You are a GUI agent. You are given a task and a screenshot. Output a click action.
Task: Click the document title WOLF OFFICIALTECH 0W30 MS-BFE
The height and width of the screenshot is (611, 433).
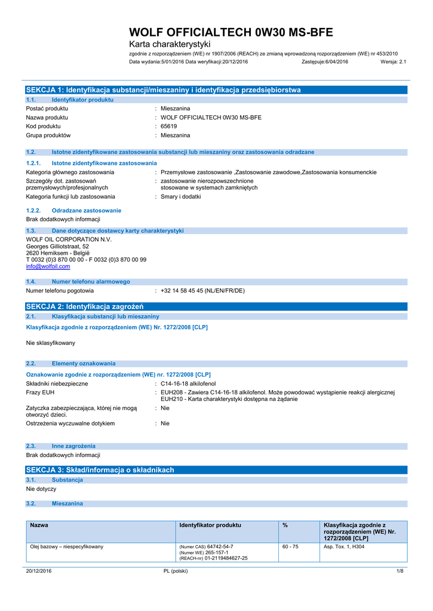pyautogui.click(x=231, y=32)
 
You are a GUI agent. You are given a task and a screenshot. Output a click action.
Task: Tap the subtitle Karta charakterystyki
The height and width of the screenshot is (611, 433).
pyautogui.click(x=170, y=45)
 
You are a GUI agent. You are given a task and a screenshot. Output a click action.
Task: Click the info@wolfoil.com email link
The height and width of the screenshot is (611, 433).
pyautogui.click(x=48, y=267)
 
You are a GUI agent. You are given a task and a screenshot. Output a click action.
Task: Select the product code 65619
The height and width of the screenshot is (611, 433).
pyautogui.click(x=169, y=126)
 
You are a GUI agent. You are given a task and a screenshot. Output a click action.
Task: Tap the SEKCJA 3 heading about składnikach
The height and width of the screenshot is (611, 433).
pyautogui.click(x=100, y=470)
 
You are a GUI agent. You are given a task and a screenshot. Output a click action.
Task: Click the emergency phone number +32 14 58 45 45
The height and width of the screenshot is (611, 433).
pyautogui.click(x=202, y=291)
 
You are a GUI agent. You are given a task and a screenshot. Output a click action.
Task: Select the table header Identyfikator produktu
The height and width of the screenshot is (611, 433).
pyautogui.click(x=210, y=525)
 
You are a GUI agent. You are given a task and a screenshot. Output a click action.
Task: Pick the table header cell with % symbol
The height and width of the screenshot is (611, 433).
pyautogui.click(x=285, y=525)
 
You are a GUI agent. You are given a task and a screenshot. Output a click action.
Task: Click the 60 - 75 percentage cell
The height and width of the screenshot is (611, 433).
pyautogui.click(x=290, y=547)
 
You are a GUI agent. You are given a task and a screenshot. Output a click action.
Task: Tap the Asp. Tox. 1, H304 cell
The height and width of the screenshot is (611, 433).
pyautogui.click(x=344, y=547)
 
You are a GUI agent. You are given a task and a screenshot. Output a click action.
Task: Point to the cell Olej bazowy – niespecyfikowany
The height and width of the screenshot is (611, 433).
pyautogui.click(x=67, y=547)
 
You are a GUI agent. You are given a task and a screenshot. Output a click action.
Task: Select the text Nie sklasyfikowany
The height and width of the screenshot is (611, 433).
pyautogui.click(x=51, y=343)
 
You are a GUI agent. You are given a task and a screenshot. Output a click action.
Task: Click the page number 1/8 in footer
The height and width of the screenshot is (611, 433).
pyautogui.click(x=400, y=571)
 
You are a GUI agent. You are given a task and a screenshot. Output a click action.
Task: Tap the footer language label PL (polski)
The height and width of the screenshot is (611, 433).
pyautogui.click(x=176, y=571)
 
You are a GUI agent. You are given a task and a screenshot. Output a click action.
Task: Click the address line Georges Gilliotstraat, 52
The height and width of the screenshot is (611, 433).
pyautogui.click(x=58, y=246)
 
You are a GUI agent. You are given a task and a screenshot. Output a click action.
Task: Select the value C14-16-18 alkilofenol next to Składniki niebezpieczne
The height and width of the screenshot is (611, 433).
pyautogui.click(x=188, y=384)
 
